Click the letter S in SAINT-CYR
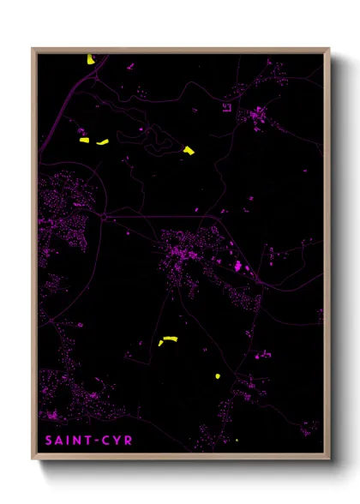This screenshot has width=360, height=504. tap(49, 441)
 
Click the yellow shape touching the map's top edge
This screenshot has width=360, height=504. tap(90, 59)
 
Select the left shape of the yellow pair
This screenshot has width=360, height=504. tap(84, 141)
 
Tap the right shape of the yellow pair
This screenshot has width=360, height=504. tap(103, 142)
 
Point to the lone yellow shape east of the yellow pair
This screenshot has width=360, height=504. tap(189, 151)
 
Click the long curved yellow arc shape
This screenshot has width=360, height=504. tap(167, 340)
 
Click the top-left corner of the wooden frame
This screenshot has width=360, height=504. tap(33, 49)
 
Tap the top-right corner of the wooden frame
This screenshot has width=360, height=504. tap(329, 49)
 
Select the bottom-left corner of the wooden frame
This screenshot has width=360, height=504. tap(33, 461)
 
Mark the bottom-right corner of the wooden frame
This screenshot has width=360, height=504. tap(329, 461)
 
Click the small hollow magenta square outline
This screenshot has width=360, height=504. tap(227, 108)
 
